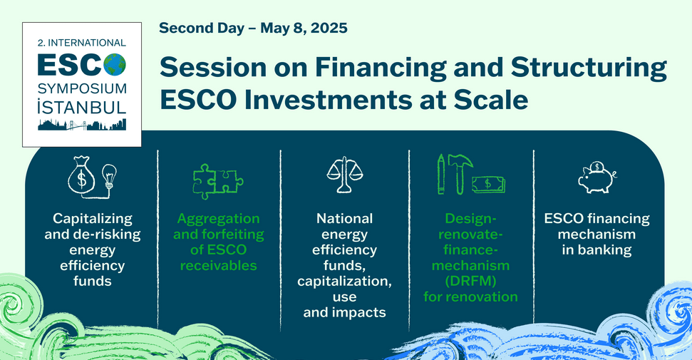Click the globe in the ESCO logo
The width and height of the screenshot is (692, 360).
(115, 65)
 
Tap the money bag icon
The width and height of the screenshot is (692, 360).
(81, 175)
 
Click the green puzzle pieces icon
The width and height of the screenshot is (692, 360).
(218, 181)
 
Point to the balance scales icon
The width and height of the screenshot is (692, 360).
(345, 175)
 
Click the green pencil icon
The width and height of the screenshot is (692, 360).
(440, 174)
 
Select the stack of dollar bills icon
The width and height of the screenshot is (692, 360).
(489, 184)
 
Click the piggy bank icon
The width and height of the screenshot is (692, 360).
(597, 177)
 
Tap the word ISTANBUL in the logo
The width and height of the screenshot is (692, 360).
(82, 106)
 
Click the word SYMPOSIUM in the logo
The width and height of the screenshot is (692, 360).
(82, 88)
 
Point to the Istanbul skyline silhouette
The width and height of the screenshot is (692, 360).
(82, 125)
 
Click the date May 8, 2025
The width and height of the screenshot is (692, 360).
(304, 29)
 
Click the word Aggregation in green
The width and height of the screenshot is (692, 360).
(219, 219)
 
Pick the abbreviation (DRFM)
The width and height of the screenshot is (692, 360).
(470, 282)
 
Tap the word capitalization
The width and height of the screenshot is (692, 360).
(344, 282)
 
